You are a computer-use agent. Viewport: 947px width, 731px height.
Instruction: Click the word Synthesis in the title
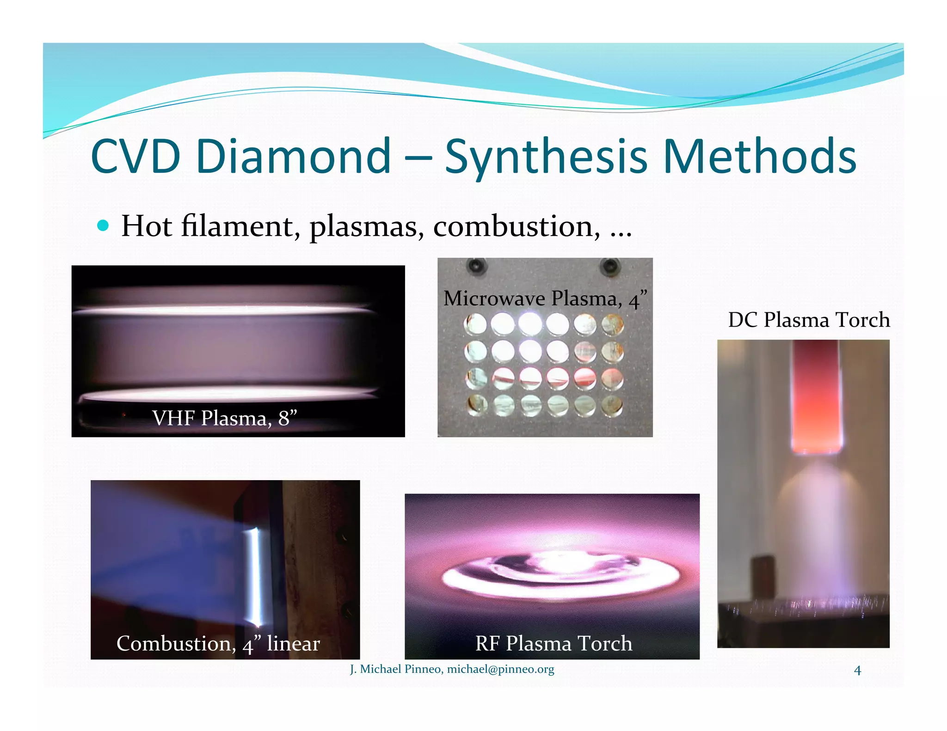pyautogui.click(x=546, y=157)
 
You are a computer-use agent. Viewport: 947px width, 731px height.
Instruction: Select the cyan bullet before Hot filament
pyautogui.click(x=104, y=226)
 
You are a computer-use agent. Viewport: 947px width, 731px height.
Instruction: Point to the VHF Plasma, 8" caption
pyautogui.click(x=225, y=418)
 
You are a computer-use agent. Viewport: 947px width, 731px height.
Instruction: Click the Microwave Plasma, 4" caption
pyautogui.click(x=545, y=298)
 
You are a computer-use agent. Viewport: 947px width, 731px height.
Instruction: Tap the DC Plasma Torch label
pyautogui.click(x=809, y=320)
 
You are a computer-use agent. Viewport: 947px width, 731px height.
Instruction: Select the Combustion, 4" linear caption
pyautogui.click(x=218, y=644)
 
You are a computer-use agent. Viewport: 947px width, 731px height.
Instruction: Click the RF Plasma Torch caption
pyautogui.click(x=553, y=643)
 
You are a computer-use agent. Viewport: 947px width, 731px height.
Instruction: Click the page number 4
pyautogui.click(x=857, y=670)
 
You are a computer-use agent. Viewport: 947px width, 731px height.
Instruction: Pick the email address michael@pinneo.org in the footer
pyautogui.click(x=500, y=669)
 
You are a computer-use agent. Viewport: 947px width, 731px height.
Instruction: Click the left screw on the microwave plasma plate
pyautogui.click(x=477, y=266)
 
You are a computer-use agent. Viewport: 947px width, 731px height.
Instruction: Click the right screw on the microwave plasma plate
pyautogui.click(x=610, y=266)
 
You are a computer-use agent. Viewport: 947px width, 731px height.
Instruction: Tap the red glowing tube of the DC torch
pyautogui.click(x=816, y=397)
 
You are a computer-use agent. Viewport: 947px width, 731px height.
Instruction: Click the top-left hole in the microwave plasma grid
pyautogui.click(x=475, y=324)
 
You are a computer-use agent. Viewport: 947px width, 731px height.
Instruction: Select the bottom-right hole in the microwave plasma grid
pyautogui.click(x=612, y=406)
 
